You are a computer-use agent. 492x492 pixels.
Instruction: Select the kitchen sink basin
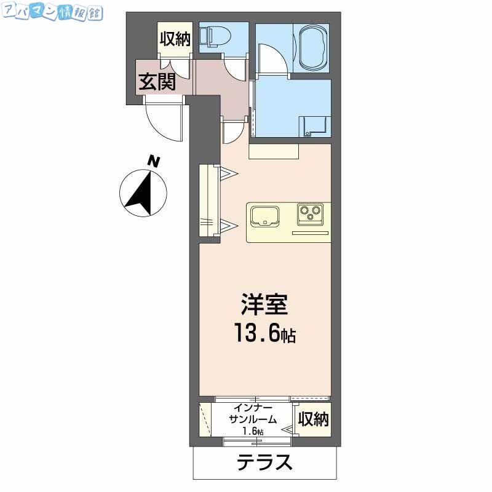pos(265,216)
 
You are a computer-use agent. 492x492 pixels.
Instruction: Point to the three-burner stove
pos(311,214)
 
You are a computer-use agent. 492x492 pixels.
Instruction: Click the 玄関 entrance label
pos(157,82)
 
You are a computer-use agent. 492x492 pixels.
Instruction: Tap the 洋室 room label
pos(264,304)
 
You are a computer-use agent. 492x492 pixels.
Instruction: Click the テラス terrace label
pos(264,462)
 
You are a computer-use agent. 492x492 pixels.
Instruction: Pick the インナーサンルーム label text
pos(253,413)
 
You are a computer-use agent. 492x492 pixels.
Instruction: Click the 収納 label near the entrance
pos(175,39)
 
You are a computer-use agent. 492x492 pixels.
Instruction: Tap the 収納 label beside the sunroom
pos(313,419)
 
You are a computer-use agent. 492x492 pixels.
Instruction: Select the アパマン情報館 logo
pos(52,13)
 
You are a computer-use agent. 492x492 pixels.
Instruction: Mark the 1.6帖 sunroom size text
pos(253,431)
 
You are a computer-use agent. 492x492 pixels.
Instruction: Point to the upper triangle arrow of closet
pos(228,173)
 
